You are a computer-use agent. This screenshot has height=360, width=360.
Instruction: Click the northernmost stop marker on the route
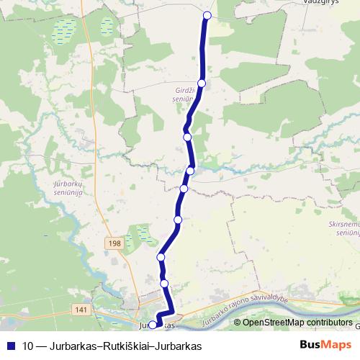tap(207, 15)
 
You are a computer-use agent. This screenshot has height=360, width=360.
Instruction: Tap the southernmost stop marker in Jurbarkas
tap(152, 325)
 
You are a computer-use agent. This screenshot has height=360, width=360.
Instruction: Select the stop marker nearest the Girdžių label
tap(202, 84)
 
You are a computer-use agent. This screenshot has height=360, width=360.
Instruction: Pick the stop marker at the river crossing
tap(191, 170)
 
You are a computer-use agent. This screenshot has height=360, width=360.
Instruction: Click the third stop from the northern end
tap(187, 137)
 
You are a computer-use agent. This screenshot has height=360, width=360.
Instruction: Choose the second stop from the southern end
tap(165, 284)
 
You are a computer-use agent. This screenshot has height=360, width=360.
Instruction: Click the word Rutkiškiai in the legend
tap(127, 346)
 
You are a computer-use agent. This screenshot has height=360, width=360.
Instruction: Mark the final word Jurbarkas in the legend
tap(178, 346)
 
